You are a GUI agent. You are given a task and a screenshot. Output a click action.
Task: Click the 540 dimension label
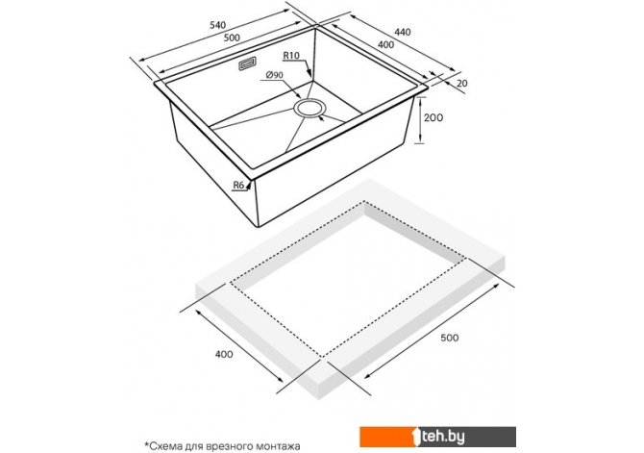tap(217, 25)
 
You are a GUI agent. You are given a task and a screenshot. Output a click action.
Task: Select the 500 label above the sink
tap(232, 38)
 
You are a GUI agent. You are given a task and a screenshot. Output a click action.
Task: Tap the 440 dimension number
tap(403, 32)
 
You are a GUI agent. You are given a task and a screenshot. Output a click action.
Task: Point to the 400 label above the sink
tap(385, 44)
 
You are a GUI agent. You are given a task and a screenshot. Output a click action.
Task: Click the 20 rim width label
tap(462, 83)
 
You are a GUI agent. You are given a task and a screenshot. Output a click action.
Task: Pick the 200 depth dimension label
tap(433, 118)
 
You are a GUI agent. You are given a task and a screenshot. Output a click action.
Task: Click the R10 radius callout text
tap(291, 56)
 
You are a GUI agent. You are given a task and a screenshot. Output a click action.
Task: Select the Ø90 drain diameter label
tap(274, 75)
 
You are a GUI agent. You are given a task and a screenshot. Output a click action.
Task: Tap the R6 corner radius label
tap(238, 186)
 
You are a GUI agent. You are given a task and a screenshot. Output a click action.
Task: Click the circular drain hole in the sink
tap(310, 109)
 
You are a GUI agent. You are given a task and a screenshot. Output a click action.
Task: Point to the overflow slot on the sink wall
tap(248, 64)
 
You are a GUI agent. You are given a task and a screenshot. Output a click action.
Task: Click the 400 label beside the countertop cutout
tap(224, 354)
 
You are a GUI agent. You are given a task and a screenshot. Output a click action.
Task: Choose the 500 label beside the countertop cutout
tap(449, 338)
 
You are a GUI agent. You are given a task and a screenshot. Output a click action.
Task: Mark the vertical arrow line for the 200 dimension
tap(420, 120)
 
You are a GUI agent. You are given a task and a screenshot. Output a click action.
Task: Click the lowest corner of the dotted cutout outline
tap(322, 357)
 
